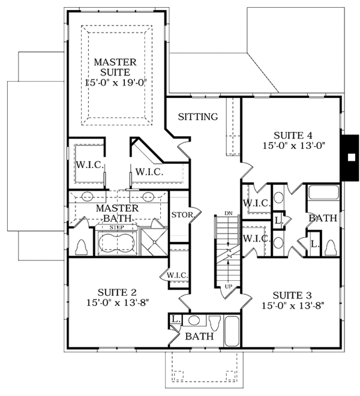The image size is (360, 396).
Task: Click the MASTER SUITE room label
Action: [115, 68]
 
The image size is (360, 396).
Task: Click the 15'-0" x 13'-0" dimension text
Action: [293, 146]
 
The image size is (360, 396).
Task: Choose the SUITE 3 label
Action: [292, 295]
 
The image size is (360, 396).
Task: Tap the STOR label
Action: [181, 215]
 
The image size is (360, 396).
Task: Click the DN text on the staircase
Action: [229, 213]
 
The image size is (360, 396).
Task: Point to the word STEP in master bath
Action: [117, 228]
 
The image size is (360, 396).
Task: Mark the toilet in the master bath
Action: [82, 246]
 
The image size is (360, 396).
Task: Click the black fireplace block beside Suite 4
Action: [349, 158]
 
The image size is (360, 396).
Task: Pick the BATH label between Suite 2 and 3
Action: [199, 337]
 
